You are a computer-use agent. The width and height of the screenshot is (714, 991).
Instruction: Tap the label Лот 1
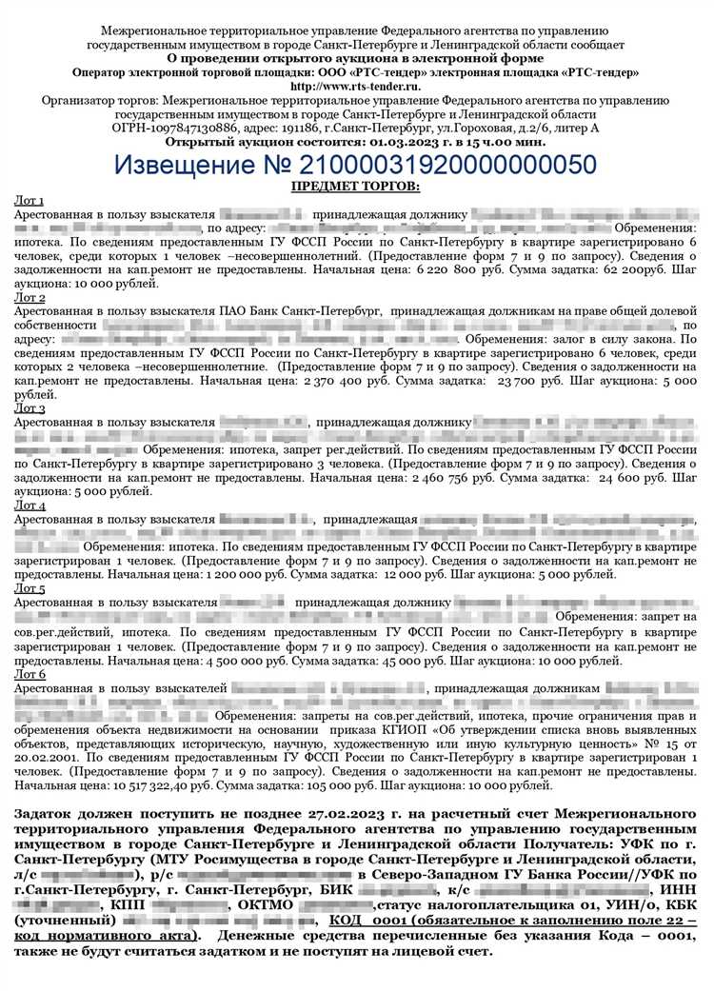[30, 201]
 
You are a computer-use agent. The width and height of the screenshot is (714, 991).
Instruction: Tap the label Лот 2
[30, 298]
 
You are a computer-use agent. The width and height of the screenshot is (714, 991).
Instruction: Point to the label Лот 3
[30, 408]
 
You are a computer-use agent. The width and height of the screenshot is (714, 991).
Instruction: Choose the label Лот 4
[30, 505]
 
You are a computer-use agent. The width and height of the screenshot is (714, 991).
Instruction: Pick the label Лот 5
[30, 589]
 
